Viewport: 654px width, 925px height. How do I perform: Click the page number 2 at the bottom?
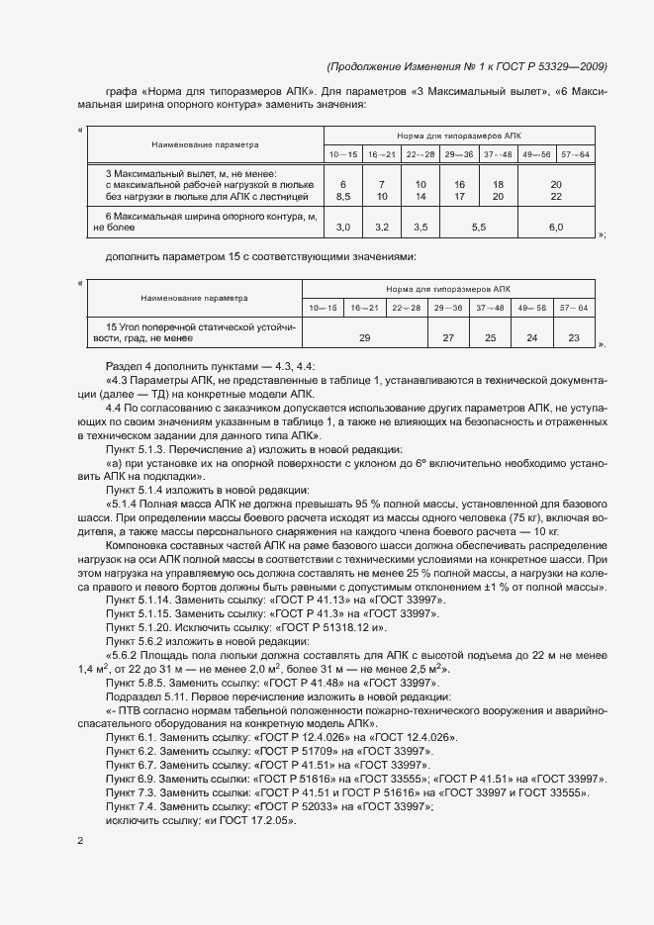pos(80,841)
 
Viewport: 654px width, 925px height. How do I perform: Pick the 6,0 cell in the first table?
pos(555,228)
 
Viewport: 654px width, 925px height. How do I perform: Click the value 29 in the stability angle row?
pos(364,338)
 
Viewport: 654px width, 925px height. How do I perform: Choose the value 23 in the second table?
pos(574,338)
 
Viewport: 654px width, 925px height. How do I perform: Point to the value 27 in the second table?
pos(447,338)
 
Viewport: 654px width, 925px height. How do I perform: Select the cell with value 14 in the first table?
pos(420,197)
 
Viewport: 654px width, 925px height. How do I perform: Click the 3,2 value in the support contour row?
pos(382,228)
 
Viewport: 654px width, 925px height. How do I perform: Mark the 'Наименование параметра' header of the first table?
pos(204,142)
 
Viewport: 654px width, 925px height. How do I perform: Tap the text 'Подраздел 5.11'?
pos(145,696)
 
